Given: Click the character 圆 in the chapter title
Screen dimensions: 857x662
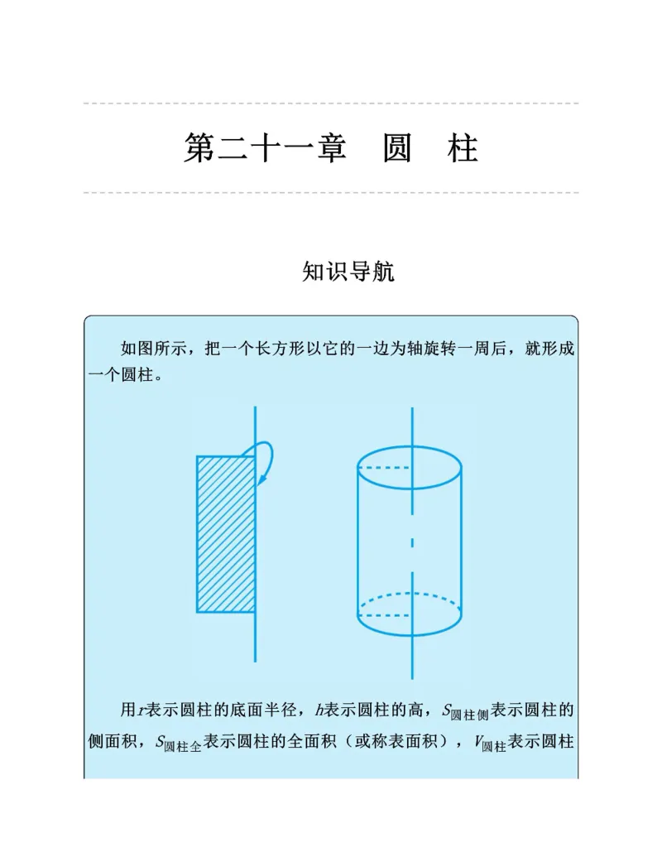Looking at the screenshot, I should tap(397, 149).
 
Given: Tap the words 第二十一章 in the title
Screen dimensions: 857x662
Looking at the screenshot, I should tap(264, 149).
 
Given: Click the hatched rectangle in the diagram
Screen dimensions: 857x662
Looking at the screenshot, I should tap(225, 534).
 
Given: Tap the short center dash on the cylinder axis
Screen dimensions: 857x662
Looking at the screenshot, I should tap(410, 543).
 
